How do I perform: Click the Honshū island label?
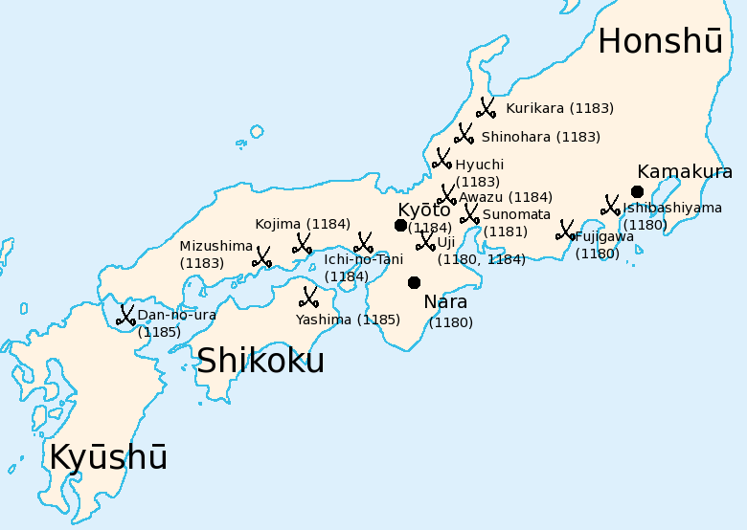[660, 41]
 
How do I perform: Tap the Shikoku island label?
[260, 361]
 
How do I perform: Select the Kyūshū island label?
[108, 457]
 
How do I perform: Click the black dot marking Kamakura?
[637, 191]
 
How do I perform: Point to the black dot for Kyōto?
[400, 225]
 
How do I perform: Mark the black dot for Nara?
[414, 282]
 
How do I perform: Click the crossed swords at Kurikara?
[487, 108]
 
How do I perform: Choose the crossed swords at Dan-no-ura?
[125, 315]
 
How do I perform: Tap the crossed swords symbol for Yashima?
[308, 297]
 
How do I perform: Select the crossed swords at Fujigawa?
[566, 231]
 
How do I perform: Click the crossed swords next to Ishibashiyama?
[610, 206]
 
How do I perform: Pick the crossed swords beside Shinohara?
[464, 134]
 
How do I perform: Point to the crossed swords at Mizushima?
[261, 256]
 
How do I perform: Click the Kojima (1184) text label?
[303, 224]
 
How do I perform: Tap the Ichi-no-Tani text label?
[364, 259]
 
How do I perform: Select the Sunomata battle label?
[516, 214]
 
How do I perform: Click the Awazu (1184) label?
[506, 197]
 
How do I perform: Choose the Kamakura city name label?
[685, 172]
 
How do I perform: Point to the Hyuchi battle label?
[479, 165]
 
